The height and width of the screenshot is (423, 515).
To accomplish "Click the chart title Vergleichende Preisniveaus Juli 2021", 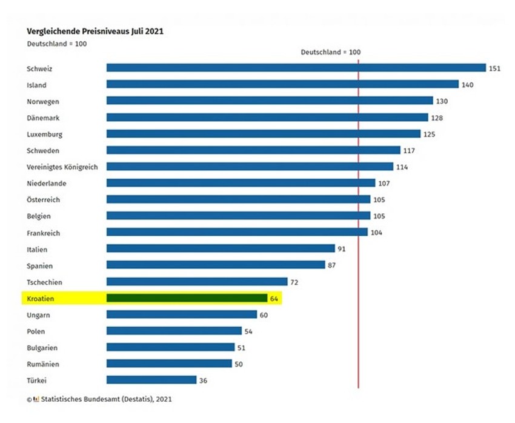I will pyautogui.click(x=95, y=31).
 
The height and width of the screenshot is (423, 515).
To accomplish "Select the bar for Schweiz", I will pyautogui.click(x=296, y=68).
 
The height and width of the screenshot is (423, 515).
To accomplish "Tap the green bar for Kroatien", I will pyautogui.click(x=187, y=298).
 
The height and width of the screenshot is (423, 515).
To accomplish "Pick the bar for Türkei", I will pyautogui.click(x=151, y=380).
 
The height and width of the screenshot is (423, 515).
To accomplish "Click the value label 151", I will pyautogui.click(x=494, y=68).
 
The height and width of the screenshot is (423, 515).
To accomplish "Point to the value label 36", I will pyautogui.click(x=204, y=381).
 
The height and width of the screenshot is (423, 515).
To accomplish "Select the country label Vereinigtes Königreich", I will pyautogui.click(x=62, y=167).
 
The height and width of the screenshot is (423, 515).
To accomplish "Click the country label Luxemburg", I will pyautogui.click(x=45, y=134).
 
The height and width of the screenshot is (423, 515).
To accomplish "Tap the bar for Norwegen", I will pyautogui.click(x=270, y=101).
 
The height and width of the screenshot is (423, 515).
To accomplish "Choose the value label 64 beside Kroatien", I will pyautogui.click(x=274, y=299).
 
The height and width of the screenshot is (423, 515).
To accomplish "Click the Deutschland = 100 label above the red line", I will pyautogui.click(x=331, y=52).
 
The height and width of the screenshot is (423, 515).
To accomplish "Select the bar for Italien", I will pyautogui.click(x=221, y=248).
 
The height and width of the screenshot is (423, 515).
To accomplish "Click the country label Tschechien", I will pyautogui.click(x=44, y=282).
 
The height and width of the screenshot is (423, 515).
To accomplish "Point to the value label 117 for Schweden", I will pyautogui.click(x=409, y=150).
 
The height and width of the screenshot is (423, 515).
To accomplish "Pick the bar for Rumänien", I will pyautogui.click(x=169, y=364).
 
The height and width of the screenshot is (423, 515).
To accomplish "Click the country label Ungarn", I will pyautogui.click(x=38, y=315).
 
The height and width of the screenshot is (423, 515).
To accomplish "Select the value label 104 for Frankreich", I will pyautogui.click(x=376, y=233).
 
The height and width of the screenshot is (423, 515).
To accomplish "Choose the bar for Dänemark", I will pyautogui.click(x=267, y=118).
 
